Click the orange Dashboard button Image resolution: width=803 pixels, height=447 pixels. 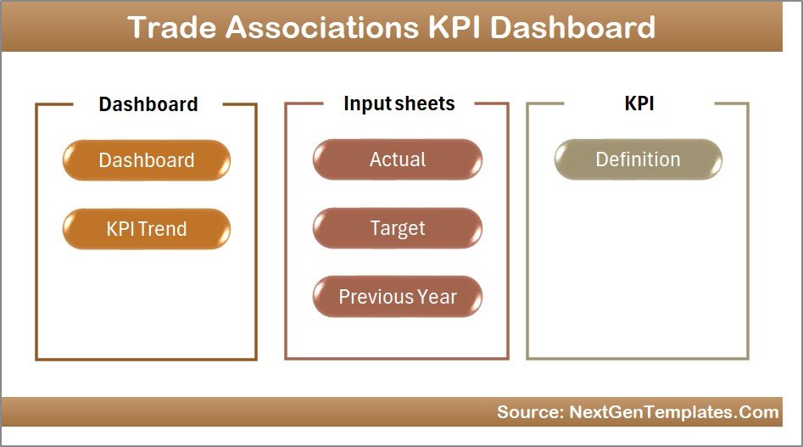[146, 160]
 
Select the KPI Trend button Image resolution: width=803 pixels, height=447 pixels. [146, 229]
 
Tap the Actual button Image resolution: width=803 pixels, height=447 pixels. [397, 159]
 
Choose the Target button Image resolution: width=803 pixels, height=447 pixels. [397, 228]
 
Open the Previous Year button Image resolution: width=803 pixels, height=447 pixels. [397, 297]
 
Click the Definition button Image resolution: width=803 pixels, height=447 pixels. [638, 159]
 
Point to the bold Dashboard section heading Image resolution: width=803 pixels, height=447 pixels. [148, 104]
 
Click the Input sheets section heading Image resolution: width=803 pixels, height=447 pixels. [399, 103]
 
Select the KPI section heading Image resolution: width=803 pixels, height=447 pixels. [638, 103]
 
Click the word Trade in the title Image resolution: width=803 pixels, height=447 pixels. [171, 27]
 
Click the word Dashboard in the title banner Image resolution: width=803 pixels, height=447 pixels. [574, 27]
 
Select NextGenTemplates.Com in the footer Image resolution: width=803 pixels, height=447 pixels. [672, 412]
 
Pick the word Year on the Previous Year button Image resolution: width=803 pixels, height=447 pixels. [436, 297]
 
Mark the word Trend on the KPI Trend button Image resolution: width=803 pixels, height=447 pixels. [165, 229]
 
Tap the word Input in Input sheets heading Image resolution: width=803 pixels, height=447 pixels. [365, 103]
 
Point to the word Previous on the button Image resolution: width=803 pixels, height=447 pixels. [375, 297]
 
